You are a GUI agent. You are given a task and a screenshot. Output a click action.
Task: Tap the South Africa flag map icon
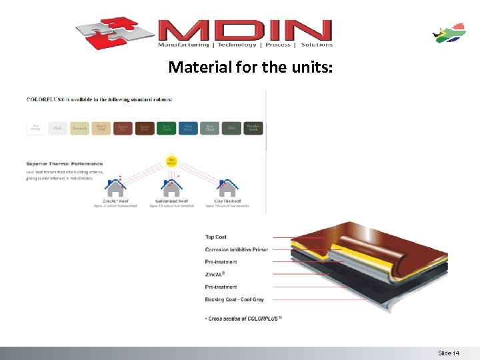coord(450,33)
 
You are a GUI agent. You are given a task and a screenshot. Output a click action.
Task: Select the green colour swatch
coord(166,127)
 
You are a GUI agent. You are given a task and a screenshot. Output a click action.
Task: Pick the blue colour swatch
coord(188,127)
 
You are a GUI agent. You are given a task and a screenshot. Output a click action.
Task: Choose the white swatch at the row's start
coord(36,127)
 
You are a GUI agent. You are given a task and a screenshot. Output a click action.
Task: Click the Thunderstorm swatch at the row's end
coord(253,127)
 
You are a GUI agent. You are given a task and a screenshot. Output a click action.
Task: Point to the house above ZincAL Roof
coord(115,187)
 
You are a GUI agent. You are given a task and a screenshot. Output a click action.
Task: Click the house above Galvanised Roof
coord(172,187)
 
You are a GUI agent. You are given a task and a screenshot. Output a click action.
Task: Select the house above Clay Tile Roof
coord(228,187)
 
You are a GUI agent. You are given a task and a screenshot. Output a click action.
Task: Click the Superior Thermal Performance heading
coord(65,163)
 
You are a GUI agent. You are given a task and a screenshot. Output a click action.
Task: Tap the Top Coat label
coord(216,237)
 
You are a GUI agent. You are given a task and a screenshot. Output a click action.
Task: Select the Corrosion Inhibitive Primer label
coord(237,249)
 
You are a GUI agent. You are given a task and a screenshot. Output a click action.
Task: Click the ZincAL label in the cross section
coord(215,274)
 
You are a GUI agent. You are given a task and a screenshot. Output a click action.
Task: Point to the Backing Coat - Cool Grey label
coord(235,299)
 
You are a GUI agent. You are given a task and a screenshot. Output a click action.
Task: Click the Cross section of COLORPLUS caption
coord(245,318)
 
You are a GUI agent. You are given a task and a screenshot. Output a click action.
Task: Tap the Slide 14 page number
coord(449,353)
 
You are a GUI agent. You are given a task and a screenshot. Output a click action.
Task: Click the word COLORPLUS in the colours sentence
coord(43,99)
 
